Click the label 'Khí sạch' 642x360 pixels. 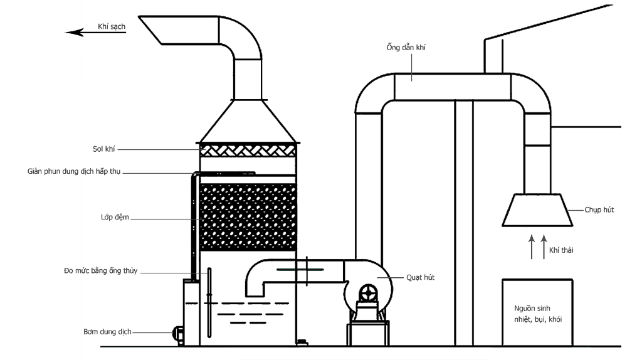(x=112, y=26)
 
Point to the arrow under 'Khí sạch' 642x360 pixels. (x=95, y=33)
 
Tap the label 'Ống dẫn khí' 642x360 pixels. (x=406, y=47)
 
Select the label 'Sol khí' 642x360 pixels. (x=103, y=149)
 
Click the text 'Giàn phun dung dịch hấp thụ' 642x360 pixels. (x=74, y=171)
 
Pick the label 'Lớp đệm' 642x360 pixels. (x=115, y=217)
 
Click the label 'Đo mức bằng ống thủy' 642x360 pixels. (x=101, y=271)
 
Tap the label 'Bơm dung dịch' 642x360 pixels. (x=107, y=332)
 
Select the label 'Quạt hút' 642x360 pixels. (x=420, y=277)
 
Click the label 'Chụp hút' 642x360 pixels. (x=599, y=209)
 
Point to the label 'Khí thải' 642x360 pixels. (x=561, y=250)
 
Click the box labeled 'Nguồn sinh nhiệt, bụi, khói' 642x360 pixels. (x=537, y=313)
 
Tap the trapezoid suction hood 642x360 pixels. (x=537, y=209)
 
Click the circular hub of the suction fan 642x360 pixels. (x=369, y=293)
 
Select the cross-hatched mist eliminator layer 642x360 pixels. (x=248, y=151)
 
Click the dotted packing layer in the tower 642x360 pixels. (x=248, y=217)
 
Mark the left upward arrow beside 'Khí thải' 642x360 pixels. (x=532, y=246)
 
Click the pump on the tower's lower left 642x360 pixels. (x=177, y=332)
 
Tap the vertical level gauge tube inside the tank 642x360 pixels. (x=209, y=302)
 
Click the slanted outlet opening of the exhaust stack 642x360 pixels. (x=150, y=30)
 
